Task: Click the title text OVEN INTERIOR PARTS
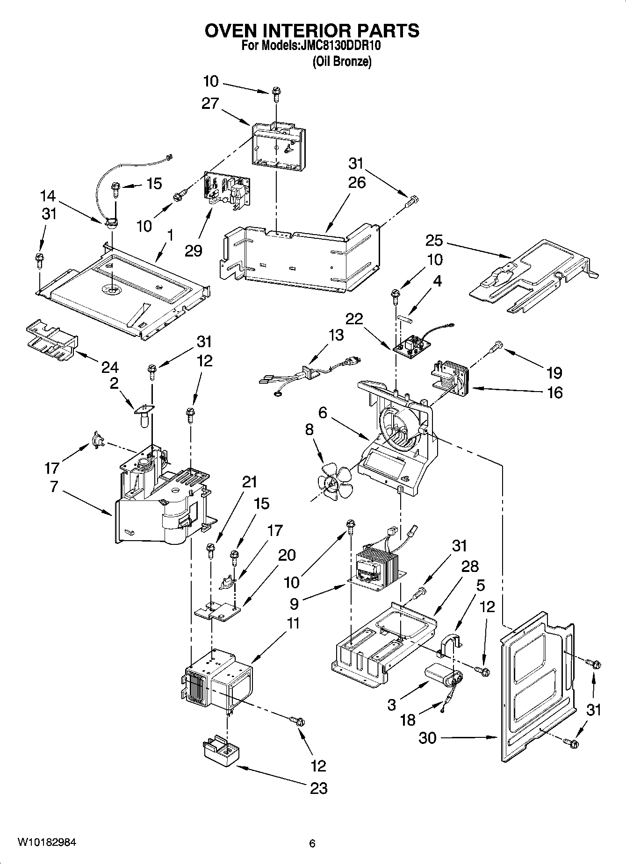coord(312,30)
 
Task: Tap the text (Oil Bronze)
coord(342,61)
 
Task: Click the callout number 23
coord(319,789)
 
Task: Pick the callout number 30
coord(426,738)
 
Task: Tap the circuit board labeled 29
coord(226,190)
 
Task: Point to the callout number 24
coord(110,367)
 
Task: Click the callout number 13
coord(336,335)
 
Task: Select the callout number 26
coord(357,182)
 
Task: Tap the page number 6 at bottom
coord(312,843)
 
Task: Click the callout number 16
coord(554,393)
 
